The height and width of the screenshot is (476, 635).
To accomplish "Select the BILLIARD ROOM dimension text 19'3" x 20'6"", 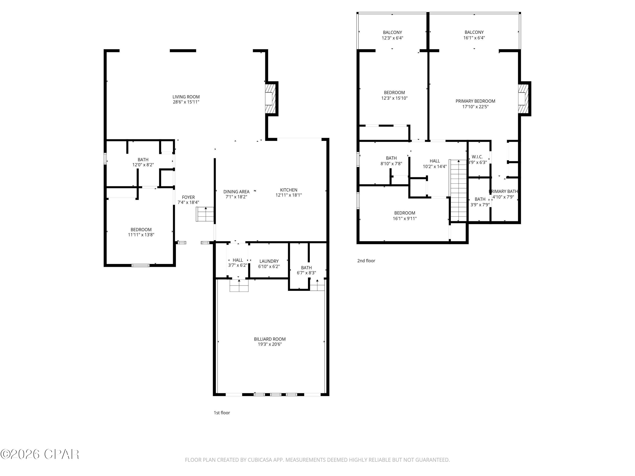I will click(270, 344).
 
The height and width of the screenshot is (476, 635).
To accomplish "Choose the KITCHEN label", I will click(289, 190).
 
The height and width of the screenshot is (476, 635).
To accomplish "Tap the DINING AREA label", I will click(236, 192).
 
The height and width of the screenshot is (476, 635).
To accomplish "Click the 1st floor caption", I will click(222, 413).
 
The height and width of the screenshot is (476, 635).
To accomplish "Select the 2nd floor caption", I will click(366, 260).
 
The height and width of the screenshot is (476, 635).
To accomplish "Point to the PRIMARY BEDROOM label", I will click(475, 101).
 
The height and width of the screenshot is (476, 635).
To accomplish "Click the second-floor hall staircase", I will click(458, 191).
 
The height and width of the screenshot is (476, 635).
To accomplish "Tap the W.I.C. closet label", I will click(477, 157).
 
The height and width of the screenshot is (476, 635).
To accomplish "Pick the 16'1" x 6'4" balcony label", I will click(474, 35).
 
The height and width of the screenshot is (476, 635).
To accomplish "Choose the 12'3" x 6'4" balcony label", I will click(392, 35).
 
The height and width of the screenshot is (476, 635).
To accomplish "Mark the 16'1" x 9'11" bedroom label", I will click(404, 216).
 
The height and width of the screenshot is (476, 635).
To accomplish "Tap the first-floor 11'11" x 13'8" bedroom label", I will click(141, 232).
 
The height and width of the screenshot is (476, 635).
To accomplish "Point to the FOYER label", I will click(188, 197).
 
